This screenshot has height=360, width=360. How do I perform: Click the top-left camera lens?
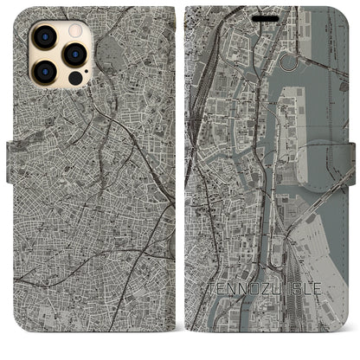[42, 37]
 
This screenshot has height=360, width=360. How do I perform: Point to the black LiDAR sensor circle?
[74, 79]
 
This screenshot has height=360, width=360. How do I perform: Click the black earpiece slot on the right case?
[269, 13]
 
